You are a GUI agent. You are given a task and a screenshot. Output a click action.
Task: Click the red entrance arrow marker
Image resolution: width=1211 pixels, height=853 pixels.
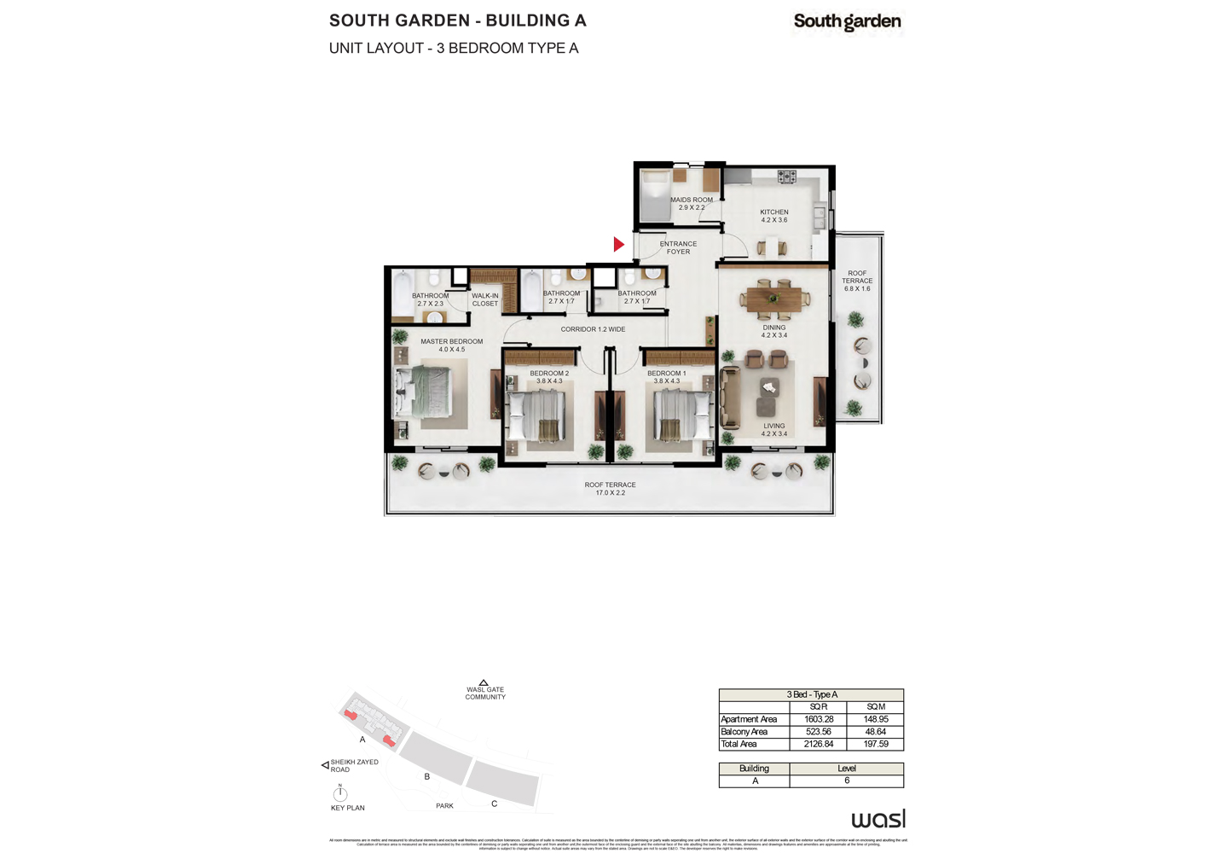[x=619, y=245]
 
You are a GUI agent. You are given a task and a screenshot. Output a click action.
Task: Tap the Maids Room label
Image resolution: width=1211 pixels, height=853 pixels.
[x=691, y=204]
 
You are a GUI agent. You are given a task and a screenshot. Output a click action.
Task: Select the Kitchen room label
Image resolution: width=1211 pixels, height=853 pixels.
[x=774, y=216]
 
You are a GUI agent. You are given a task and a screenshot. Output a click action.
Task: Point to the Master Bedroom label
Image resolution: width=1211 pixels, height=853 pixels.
[x=451, y=345]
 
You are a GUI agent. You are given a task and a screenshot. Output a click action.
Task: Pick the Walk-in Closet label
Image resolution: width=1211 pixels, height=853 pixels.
[x=485, y=299]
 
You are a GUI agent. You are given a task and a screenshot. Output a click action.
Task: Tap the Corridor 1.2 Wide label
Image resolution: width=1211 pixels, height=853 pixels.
[x=593, y=329]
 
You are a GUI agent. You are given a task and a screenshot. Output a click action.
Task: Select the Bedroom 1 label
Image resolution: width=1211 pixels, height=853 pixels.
[x=666, y=377]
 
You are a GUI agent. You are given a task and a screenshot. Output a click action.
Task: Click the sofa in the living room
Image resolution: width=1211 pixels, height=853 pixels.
[x=729, y=397]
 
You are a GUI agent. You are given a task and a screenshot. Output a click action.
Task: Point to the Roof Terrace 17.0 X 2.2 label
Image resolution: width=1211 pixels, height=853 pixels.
[x=610, y=489]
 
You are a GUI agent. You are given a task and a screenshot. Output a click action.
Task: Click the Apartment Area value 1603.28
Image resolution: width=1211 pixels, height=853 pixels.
[x=819, y=719]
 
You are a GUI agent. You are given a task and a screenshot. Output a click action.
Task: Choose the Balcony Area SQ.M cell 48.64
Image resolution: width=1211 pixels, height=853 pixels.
[x=876, y=732]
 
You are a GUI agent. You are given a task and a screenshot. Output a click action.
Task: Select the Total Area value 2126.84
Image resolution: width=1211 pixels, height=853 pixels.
[x=819, y=744]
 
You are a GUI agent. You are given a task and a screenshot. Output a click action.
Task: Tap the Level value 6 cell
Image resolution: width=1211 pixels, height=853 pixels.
[x=847, y=780]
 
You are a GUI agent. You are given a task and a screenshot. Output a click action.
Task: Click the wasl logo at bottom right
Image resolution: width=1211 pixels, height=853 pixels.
[x=878, y=819]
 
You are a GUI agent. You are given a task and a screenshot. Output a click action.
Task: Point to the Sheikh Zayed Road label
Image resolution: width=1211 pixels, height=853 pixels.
[x=354, y=766]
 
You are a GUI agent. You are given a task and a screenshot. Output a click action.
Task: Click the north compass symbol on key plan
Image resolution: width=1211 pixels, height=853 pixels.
[x=340, y=793]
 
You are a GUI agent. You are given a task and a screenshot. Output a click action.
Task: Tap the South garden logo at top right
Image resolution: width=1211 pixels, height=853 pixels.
[x=847, y=22]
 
